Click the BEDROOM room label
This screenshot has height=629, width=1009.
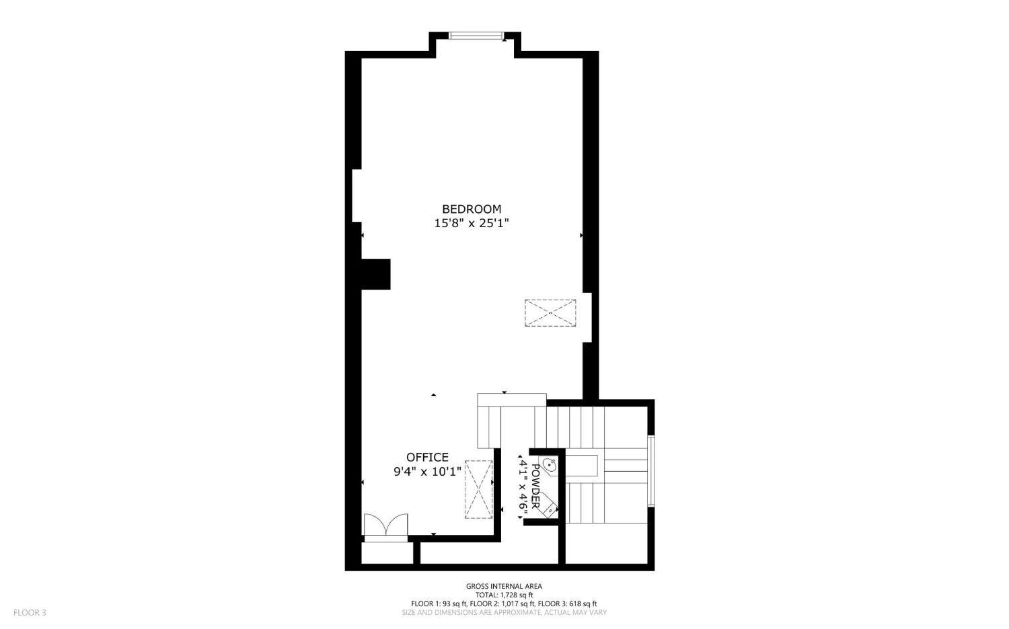click(x=471, y=209)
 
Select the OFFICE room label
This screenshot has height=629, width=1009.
click(x=427, y=458)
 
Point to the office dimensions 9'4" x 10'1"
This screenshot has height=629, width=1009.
click(x=427, y=472)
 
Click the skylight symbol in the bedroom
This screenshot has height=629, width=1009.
click(x=550, y=313)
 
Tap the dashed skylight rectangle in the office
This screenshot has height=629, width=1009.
click(x=478, y=489)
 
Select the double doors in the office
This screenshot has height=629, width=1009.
click(x=385, y=525)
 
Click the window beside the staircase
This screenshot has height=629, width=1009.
click(x=650, y=470)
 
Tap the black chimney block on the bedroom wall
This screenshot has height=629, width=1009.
click(x=375, y=274)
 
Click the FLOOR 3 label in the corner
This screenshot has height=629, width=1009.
click(x=30, y=613)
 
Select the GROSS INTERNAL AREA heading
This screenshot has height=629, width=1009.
click(x=504, y=587)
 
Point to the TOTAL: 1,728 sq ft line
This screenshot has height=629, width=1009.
click(x=504, y=595)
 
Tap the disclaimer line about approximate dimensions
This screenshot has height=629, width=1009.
click(x=504, y=612)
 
